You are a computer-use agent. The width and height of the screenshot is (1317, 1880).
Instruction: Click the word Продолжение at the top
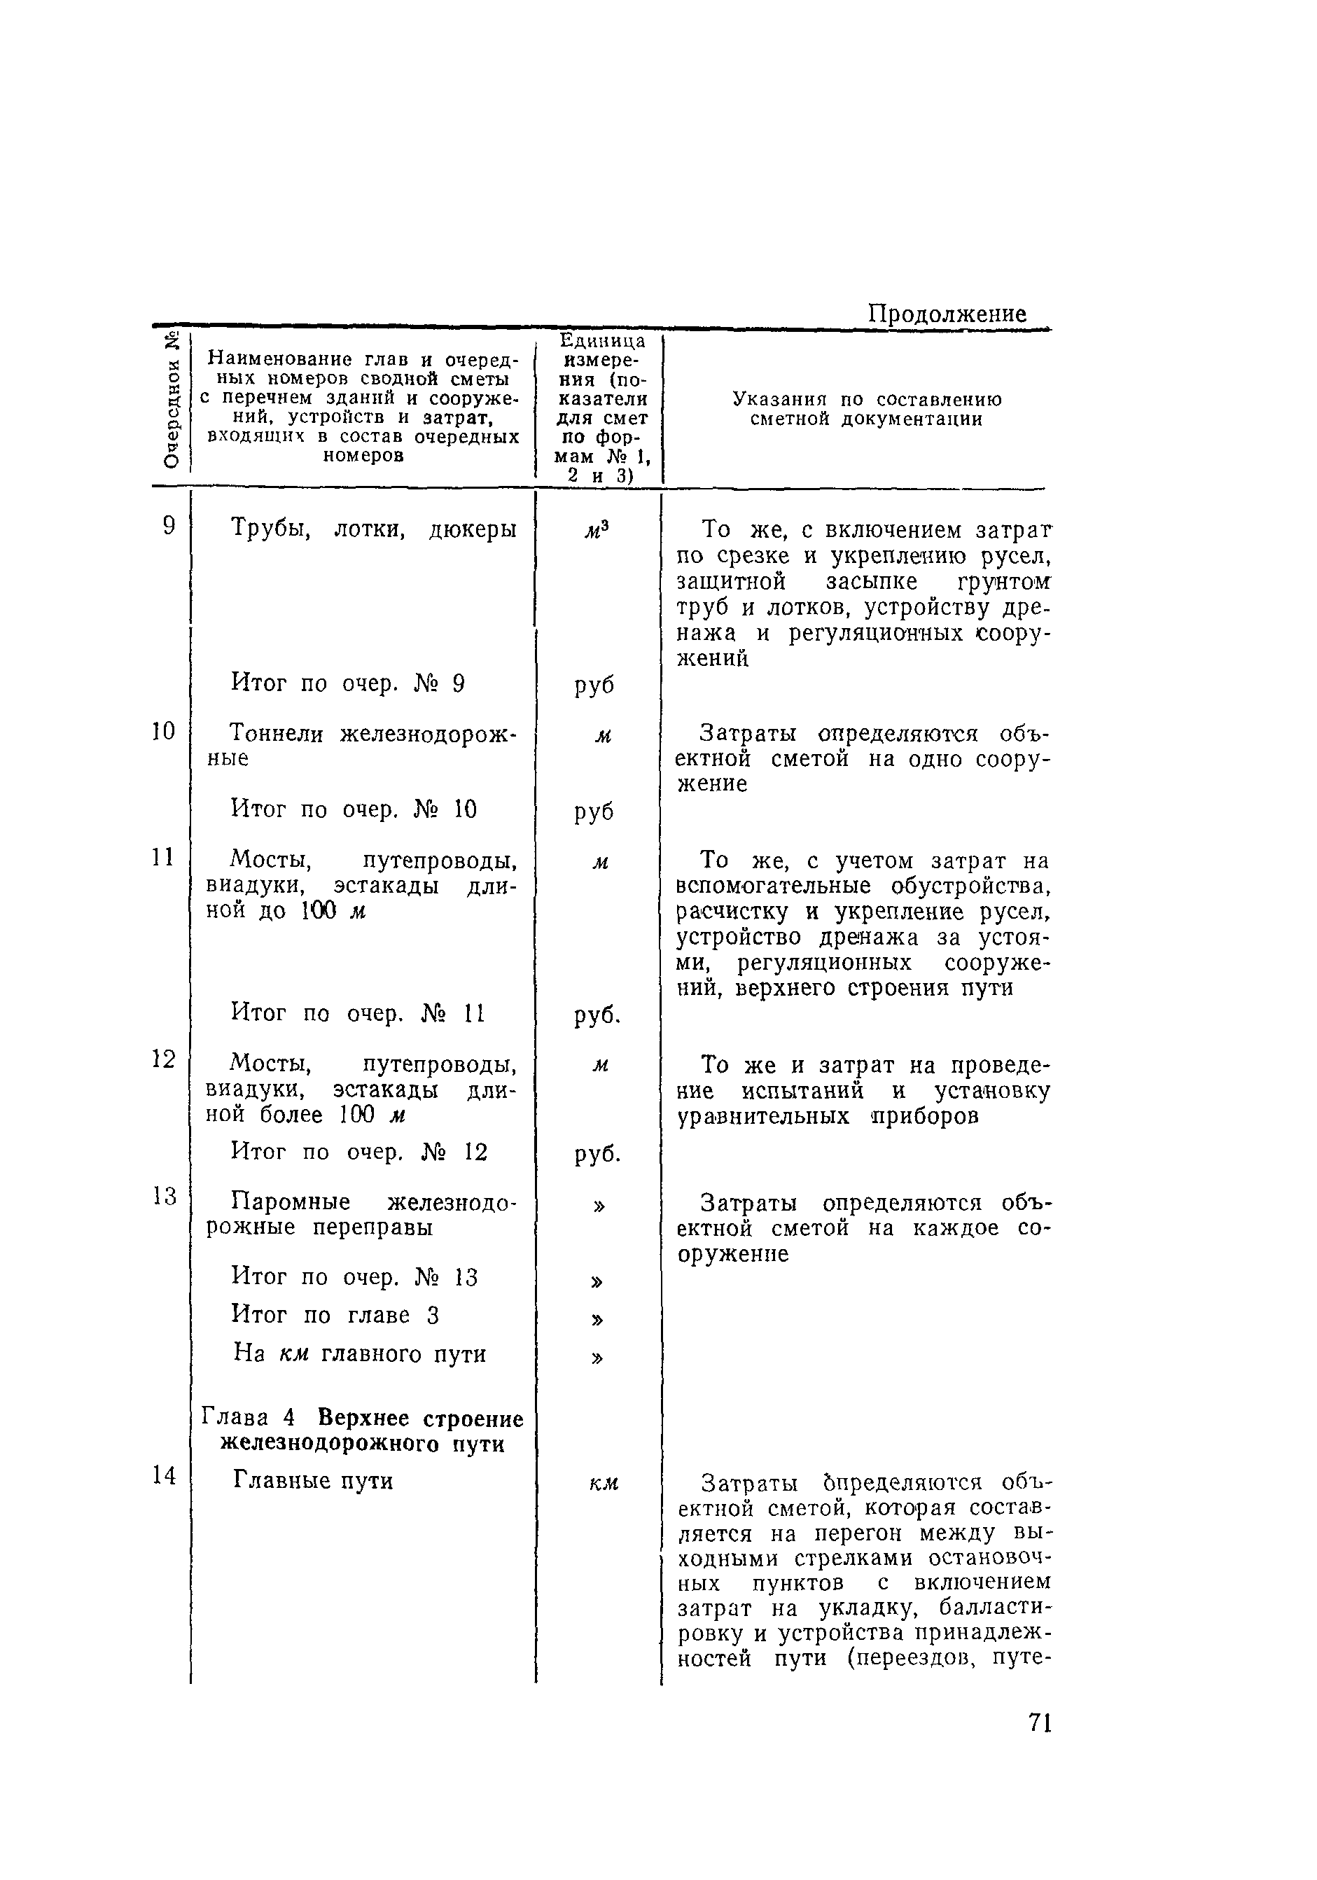[x=947, y=314]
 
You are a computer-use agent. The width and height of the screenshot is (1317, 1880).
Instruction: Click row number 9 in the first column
[x=169, y=526]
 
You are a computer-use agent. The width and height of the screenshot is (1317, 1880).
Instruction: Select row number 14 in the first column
[x=164, y=1475]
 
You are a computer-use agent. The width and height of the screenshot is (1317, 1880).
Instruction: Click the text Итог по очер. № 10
[x=354, y=810]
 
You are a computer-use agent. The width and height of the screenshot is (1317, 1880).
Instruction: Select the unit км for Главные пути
[x=603, y=1483]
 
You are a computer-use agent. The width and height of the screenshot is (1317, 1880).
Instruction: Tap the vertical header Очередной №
[x=170, y=399]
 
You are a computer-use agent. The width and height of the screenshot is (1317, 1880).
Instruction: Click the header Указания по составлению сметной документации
[x=867, y=410]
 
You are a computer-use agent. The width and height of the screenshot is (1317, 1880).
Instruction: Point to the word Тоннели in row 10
[x=276, y=734]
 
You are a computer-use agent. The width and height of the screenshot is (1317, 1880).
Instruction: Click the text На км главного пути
[x=360, y=1353]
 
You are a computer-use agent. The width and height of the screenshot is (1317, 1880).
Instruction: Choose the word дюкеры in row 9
[x=473, y=529]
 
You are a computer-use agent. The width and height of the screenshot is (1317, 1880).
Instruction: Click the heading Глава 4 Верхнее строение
[x=362, y=1417]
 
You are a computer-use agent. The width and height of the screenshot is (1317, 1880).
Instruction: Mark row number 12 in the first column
[x=164, y=1059]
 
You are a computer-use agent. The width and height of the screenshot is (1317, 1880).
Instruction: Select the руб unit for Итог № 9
[x=594, y=685]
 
